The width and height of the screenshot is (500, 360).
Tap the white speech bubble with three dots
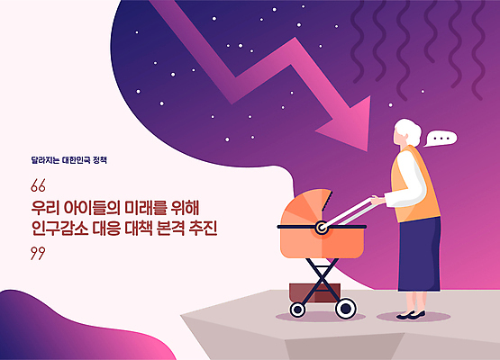click(441, 139)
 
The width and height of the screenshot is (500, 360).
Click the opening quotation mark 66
click(37, 187)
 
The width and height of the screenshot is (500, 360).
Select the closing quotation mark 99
click(37, 254)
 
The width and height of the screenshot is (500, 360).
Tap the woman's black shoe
click(410, 315)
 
